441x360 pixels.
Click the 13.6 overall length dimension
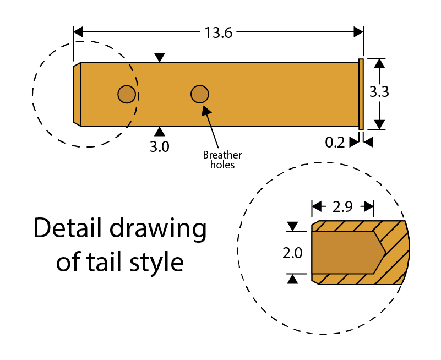[x=219, y=32]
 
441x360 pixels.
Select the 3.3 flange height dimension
[x=379, y=92]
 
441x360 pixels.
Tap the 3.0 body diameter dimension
[x=160, y=146]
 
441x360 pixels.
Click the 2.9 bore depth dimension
[x=343, y=208]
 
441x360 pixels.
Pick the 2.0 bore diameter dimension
[x=292, y=253]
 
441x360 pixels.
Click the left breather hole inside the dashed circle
[x=127, y=95]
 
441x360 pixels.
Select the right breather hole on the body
[x=199, y=94]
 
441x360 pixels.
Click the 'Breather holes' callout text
[x=222, y=160]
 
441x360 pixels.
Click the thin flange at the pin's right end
[x=361, y=94]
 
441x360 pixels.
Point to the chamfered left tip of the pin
[x=77, y=94]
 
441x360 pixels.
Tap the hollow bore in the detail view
[x=344, y=253]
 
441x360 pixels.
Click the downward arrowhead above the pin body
[x=160, y=57]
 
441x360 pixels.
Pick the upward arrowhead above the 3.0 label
[x=160, y=131]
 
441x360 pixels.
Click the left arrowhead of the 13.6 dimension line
[x=78, y=32]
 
